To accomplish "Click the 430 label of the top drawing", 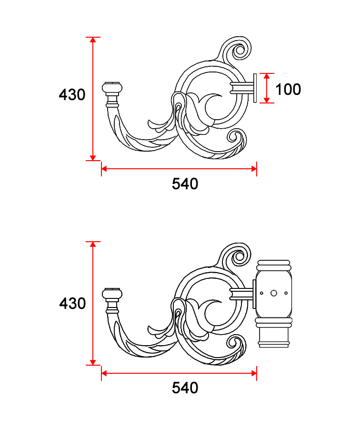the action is [x=72, y=94].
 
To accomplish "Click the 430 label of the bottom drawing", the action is [x=72, y=303].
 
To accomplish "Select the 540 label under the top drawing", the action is [x=185, y=184].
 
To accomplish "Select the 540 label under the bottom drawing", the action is [x=185, y=388].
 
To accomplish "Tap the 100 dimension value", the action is [x=288, y=90].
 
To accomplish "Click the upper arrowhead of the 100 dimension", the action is [x=267, y=76].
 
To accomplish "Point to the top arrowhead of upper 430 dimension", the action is [x=93, y=40].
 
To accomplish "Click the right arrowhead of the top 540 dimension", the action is [x=254, y=169].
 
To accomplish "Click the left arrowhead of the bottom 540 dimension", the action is [x=104, y=373].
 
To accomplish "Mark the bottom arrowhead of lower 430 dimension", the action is [x=93, y=362].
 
